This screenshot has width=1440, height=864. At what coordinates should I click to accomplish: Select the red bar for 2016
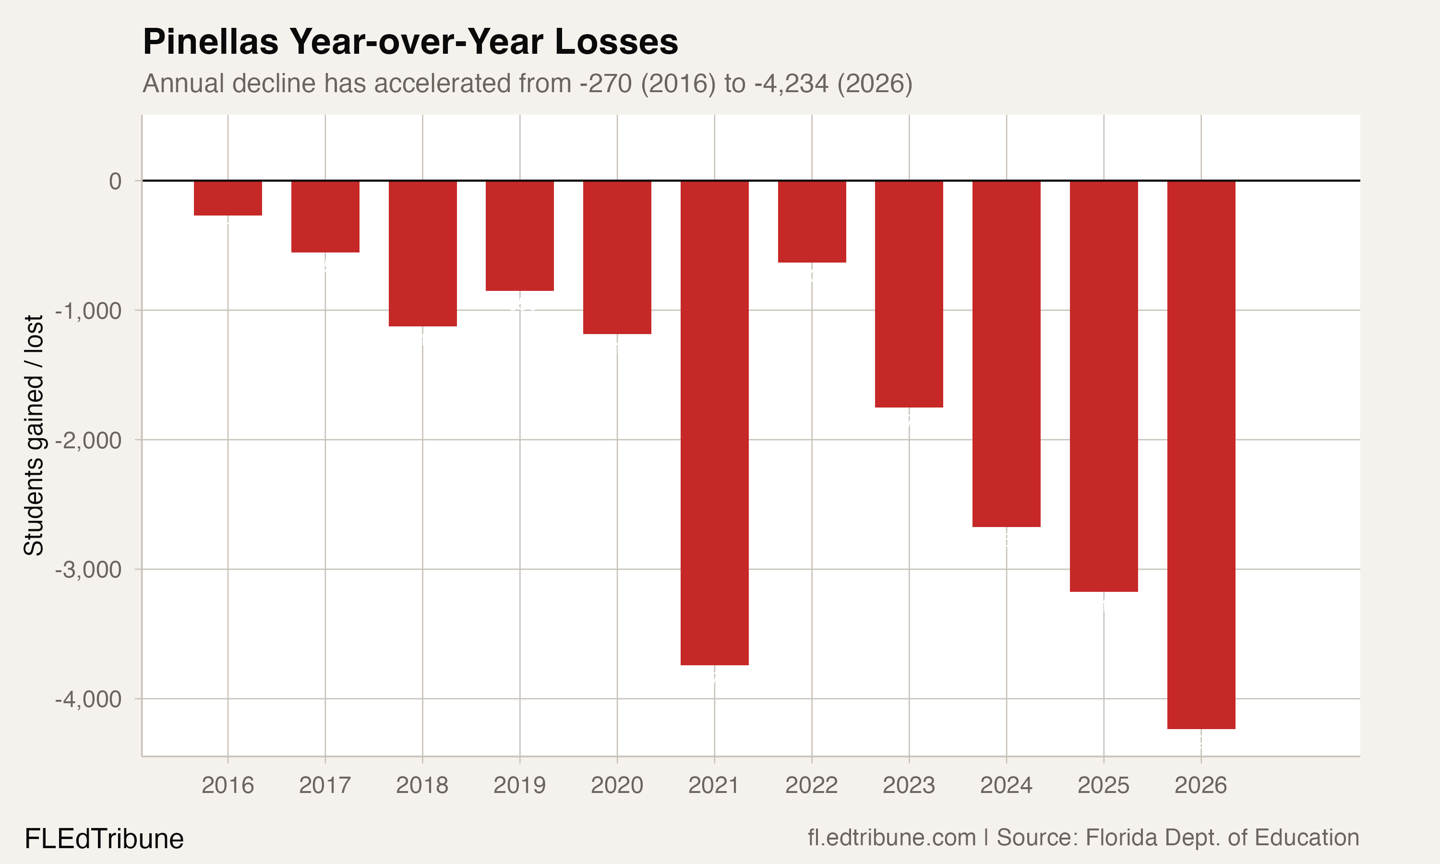click(x=228, y=198)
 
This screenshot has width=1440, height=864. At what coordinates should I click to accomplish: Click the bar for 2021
click(x=714, y=423)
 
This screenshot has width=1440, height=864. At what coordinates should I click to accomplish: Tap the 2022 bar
click(x=811, y=221)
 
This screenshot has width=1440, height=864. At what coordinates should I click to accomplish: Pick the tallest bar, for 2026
click(x=1201, y=454)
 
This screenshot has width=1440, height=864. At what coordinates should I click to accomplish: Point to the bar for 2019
click(x=519, y=235)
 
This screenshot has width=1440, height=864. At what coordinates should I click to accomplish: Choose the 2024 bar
click(x=1006, y=353)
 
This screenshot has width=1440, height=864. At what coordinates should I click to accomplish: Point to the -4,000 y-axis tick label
click(x=88, y=699)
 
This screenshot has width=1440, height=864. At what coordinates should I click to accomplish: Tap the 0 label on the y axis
click(x=115, y=181)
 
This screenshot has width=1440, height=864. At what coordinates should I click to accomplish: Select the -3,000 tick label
click(x=88, y=569)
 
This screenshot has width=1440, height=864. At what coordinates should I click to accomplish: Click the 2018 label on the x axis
click(x=422, y=785)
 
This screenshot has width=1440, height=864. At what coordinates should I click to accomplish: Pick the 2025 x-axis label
click(x=1103, y=785)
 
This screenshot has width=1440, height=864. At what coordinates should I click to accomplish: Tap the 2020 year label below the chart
click(x=616, y=785)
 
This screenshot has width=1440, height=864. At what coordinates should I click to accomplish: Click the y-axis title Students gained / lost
click(x=34, y=435)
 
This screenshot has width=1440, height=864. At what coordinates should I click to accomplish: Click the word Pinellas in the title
click(x=210, y=42)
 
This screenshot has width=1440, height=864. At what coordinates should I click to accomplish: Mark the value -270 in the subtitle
click(x=605, y=83)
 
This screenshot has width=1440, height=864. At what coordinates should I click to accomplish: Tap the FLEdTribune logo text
click(x=104, y=839)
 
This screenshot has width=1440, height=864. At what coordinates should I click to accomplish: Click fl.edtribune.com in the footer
click(x=891, y=838)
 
